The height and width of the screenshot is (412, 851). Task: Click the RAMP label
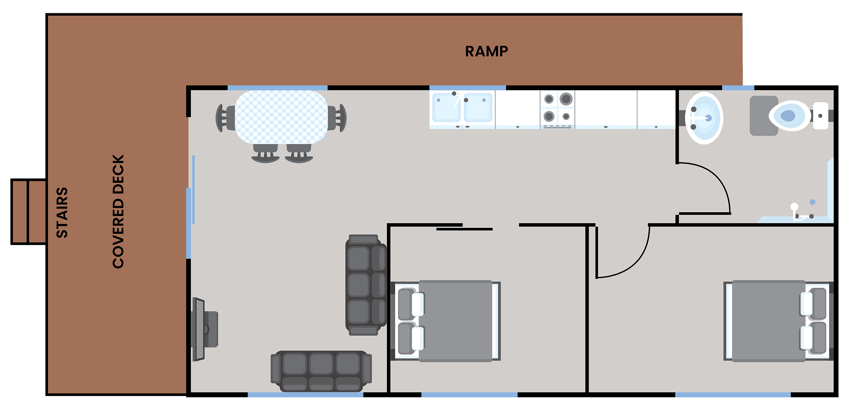tap(486, 51)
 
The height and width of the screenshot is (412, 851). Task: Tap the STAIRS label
tap(62, 213)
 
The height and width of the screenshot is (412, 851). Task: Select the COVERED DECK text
tap(118, 211)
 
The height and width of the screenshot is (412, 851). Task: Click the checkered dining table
tap(281, 117)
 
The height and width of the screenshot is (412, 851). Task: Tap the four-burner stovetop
tap(557, 108)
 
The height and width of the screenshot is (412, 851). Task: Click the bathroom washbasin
tap(704, 118)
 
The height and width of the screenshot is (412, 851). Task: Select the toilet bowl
tap(790, 116)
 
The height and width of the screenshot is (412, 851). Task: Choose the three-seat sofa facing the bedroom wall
tap(366, 285)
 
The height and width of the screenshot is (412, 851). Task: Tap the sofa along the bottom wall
tap(321, 371)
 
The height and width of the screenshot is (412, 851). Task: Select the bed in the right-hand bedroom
tap(776, 321)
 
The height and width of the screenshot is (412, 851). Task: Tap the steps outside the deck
tap(29, 212)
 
